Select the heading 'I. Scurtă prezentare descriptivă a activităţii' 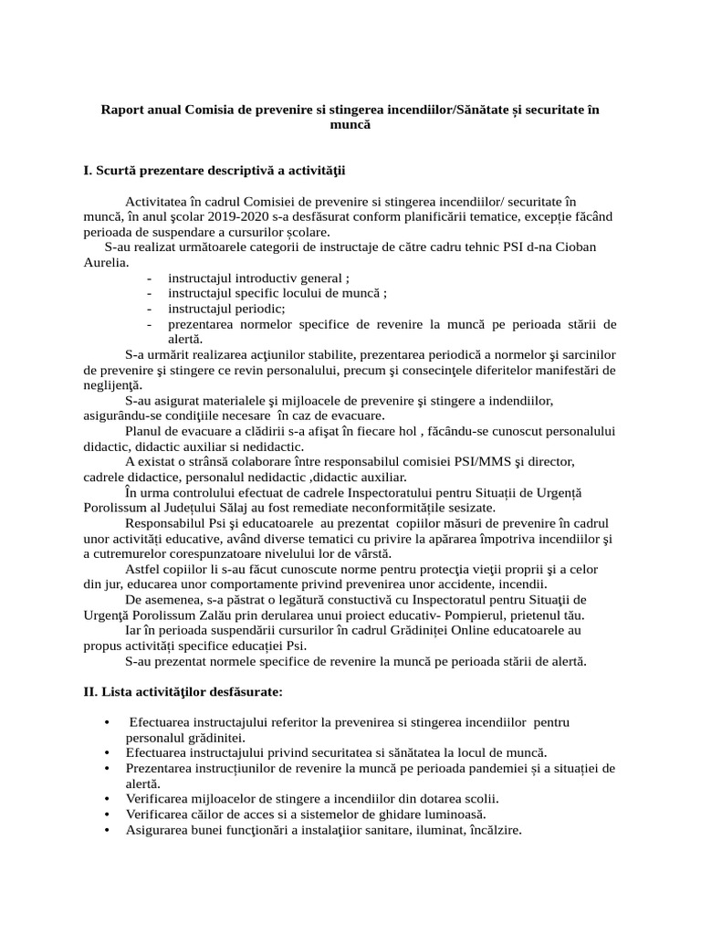pos(214,170)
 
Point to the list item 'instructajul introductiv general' pos(256,278)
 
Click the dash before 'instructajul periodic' pos(149,309)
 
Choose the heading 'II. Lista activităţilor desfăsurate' pos(183,692)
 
